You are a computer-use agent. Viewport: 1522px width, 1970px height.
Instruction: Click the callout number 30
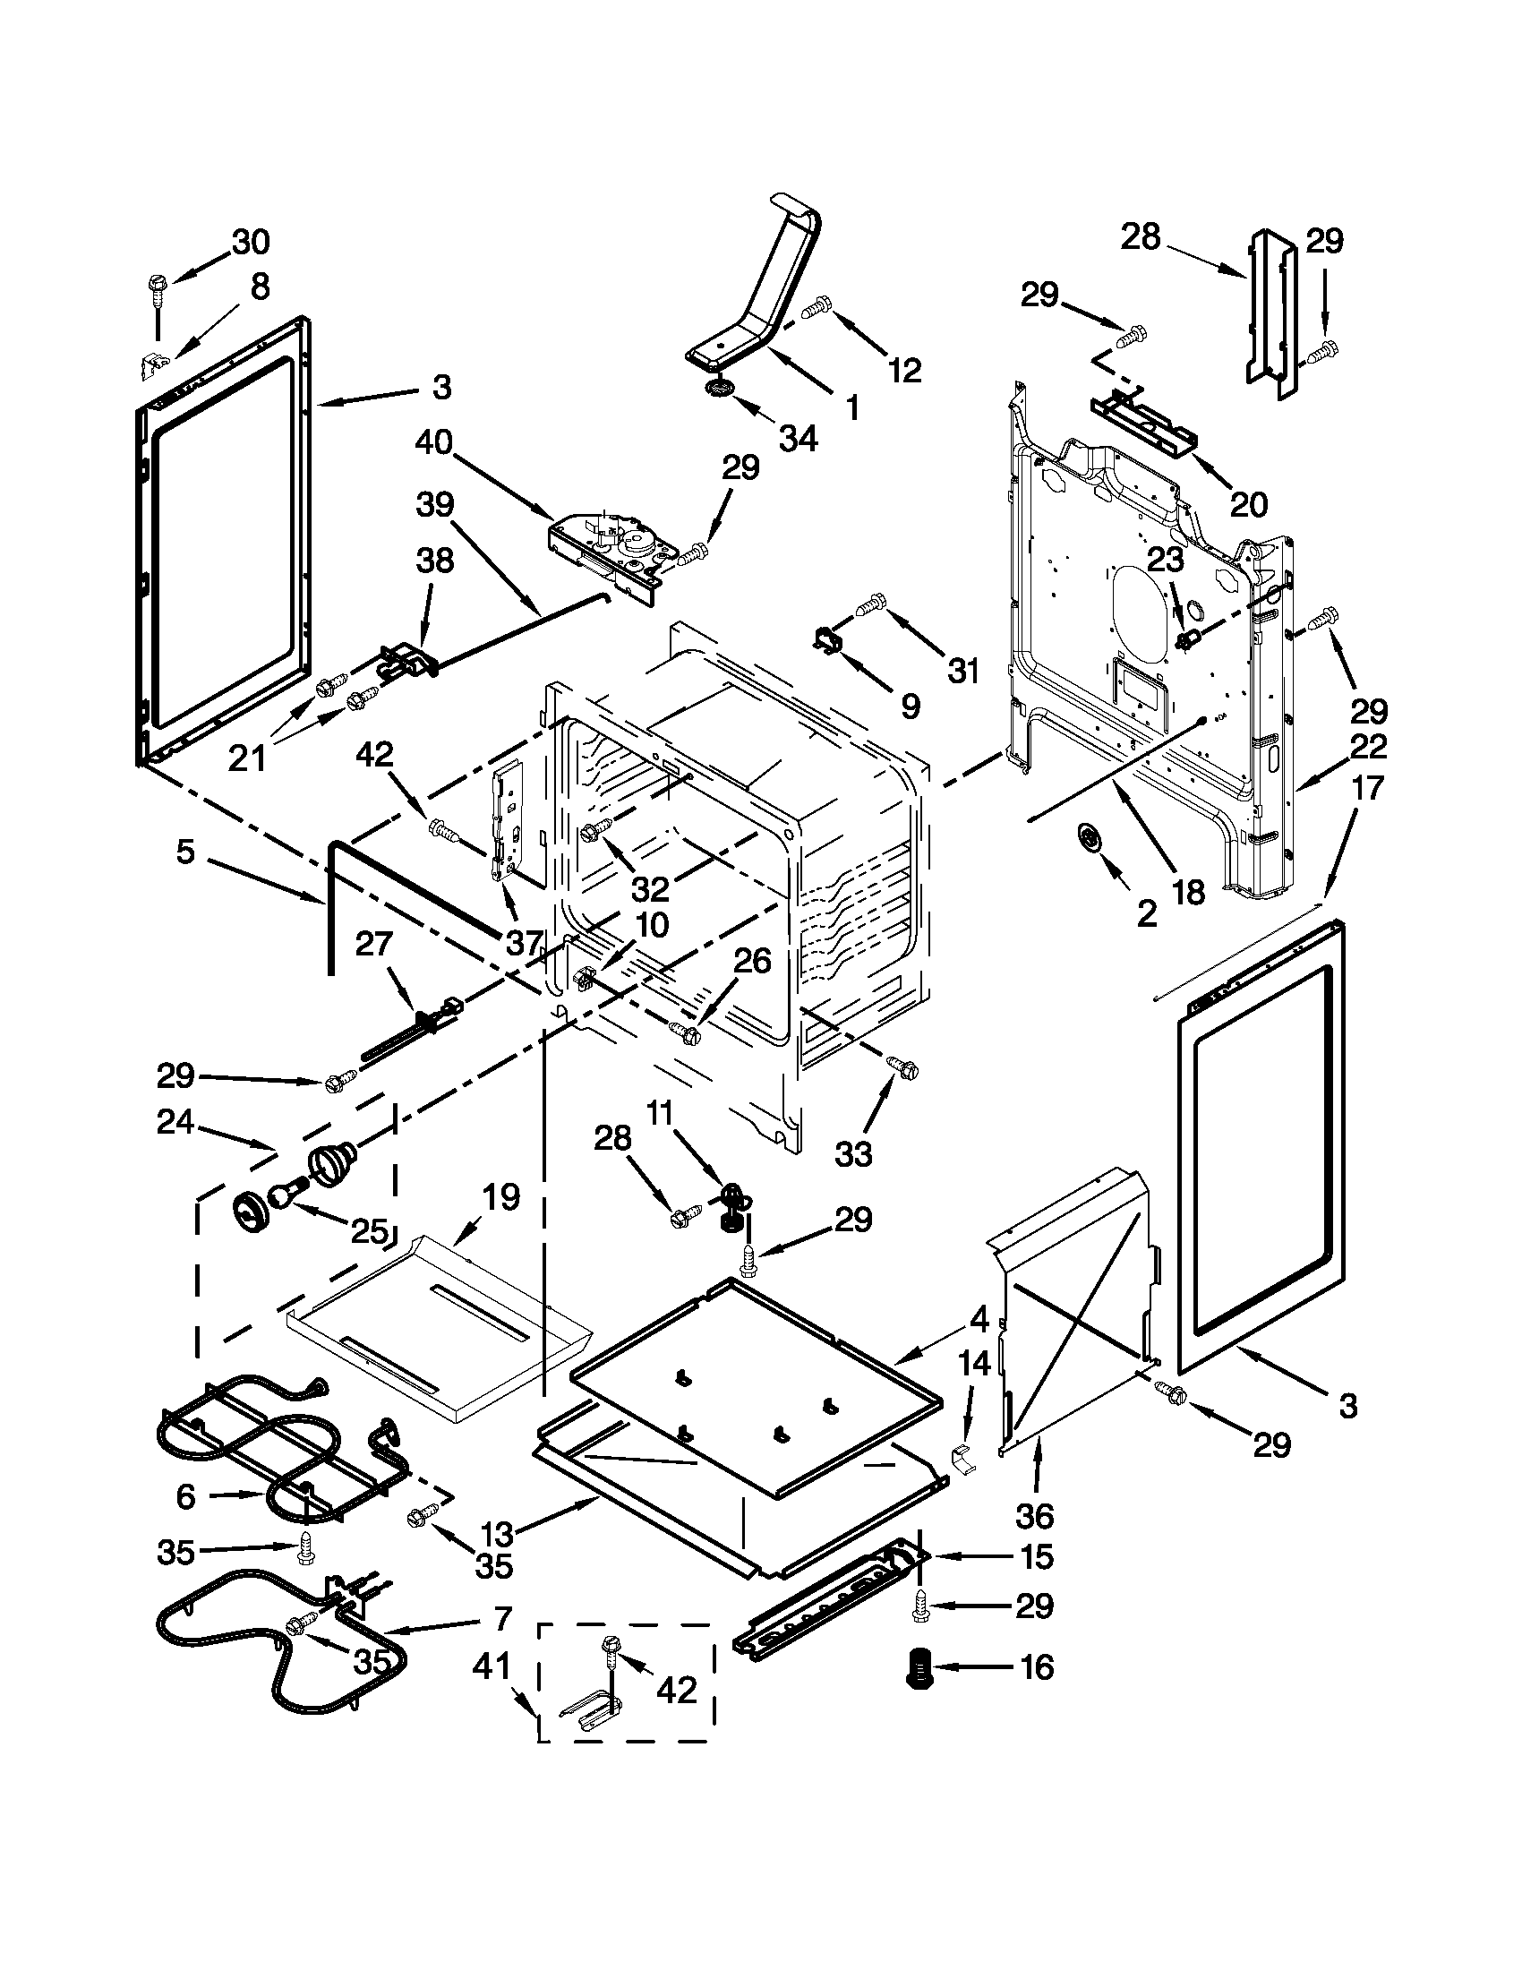(251, 242)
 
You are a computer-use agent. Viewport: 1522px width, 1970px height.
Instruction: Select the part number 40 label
(433, 444)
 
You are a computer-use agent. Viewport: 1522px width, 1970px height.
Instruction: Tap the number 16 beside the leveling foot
(1037, 1667)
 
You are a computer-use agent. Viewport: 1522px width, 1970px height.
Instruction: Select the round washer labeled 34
(720, 388)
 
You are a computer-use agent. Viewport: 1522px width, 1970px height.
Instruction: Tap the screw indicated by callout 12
(817, 309)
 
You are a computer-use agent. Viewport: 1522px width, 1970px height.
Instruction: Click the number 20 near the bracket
(1249, 504)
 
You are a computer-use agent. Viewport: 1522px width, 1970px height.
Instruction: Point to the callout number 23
(1164, 561)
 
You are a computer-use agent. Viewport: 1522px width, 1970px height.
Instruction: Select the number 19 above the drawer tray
(500, 1197)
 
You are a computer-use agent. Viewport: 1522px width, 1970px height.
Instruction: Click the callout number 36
(1034, 1516)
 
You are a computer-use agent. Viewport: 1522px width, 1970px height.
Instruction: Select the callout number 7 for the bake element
(502, 1615)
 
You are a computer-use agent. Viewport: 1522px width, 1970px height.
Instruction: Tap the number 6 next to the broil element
(184, 1496)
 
